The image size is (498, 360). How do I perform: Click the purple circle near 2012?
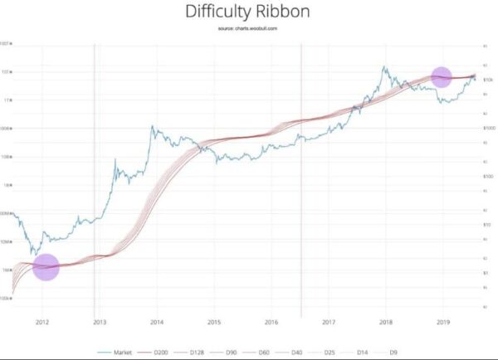pos(46,267)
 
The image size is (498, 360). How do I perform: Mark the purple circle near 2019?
pos(442,76)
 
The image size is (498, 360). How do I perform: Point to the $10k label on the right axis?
pos(488,80)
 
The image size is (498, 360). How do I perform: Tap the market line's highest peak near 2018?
pos(384,66)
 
